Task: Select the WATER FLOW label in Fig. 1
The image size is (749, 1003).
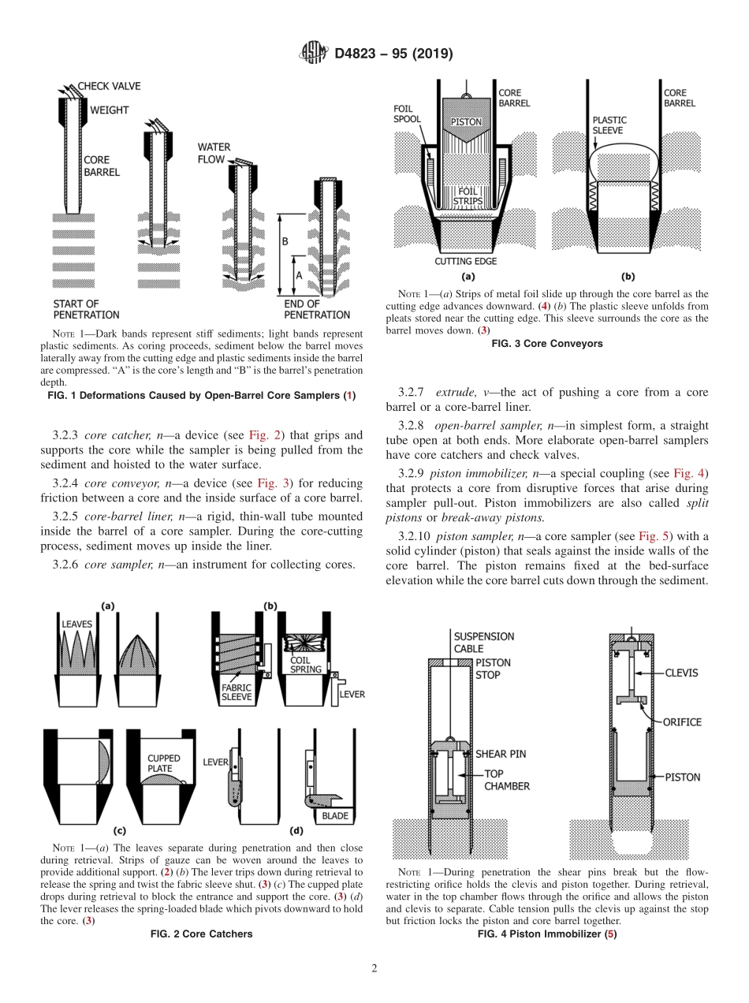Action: tap(214, 153)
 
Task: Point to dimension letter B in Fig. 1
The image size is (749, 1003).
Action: tap(285, 241)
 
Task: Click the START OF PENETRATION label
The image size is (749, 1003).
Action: tap(76, 308)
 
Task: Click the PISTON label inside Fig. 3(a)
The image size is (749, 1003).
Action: tap(465, 122)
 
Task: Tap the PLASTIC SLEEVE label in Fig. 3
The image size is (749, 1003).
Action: tap(609, 125)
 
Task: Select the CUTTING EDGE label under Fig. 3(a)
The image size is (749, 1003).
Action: tap(465, 261)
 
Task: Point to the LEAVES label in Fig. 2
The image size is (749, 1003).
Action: tap(76, 624)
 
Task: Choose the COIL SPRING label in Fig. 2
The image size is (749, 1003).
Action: tap(306, 665)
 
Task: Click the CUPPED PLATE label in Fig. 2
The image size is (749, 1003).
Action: tap(163, 763)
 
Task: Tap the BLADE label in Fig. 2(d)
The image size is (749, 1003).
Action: tap(334, 816)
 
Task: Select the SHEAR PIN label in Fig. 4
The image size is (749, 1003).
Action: tap(501, 754)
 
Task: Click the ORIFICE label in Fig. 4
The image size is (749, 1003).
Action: tap(682, 721)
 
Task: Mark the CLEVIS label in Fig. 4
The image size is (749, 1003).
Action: tap(681, 673)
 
